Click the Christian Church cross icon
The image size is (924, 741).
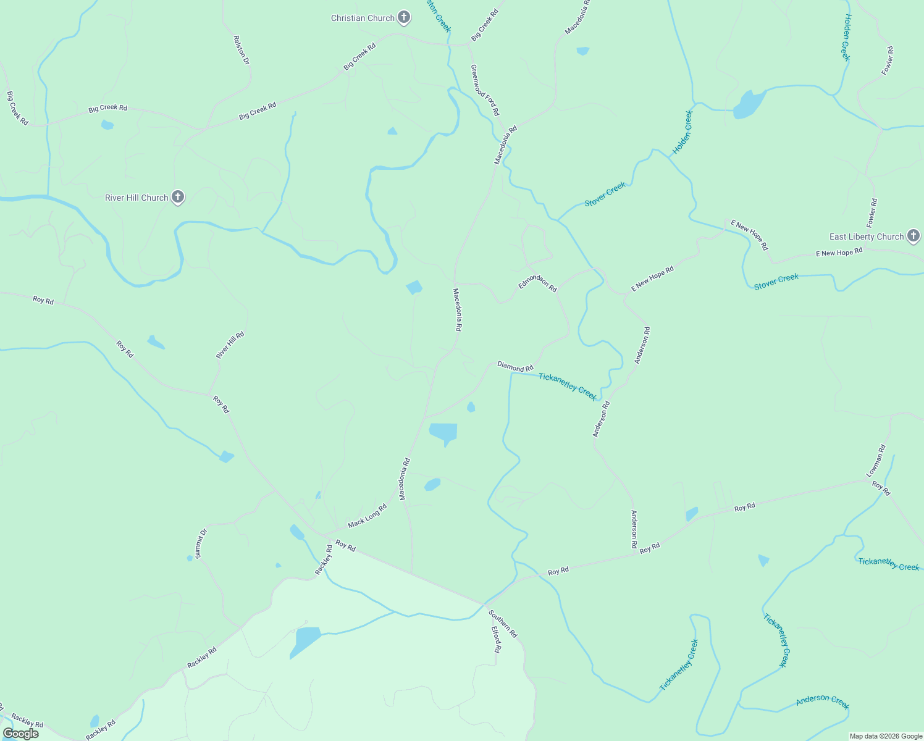404,17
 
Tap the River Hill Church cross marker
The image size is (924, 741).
178,197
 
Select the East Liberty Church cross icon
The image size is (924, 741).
913,236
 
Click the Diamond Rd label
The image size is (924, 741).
515,367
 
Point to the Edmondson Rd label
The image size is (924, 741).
537,283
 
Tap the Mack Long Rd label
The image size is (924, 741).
367,516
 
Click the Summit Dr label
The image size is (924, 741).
201,543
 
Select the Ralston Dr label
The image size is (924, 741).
241,50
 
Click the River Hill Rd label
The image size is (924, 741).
230,345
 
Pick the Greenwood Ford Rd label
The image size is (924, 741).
484,90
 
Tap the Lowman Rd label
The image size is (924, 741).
876,461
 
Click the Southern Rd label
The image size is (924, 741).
503,624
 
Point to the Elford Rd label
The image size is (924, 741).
495,640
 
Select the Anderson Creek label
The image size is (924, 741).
823,701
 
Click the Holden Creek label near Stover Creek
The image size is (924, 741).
682,132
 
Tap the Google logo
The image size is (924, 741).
21,734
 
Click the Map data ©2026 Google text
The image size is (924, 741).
886,736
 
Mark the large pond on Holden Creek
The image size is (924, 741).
749,104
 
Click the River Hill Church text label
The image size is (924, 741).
136,198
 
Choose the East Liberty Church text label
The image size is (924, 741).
867,237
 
